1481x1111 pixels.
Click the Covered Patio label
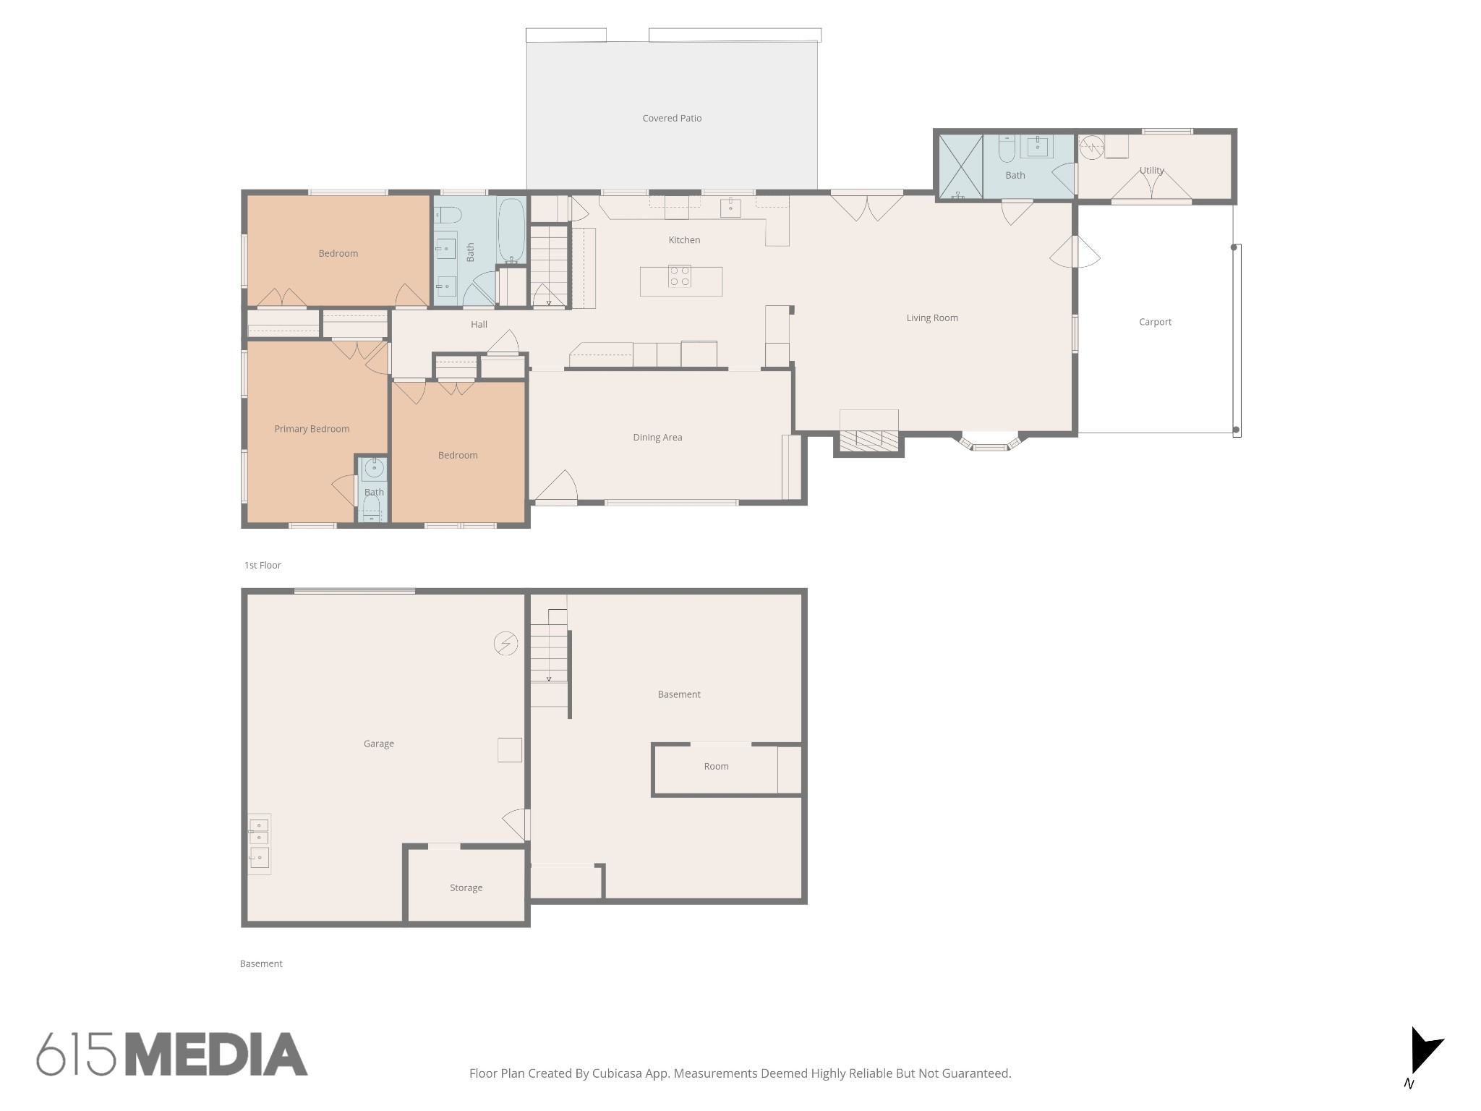672,118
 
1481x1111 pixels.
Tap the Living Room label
932,318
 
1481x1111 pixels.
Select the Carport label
1155,322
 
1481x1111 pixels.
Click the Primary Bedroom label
312,429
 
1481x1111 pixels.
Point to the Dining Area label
657,437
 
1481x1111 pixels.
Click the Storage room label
466,887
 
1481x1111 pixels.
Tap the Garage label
378,744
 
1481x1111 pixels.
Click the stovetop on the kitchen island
680,276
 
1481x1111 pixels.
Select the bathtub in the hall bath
511,231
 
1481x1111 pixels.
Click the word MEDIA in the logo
217,1054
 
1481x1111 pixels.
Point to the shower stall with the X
960,166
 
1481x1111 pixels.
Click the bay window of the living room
990,443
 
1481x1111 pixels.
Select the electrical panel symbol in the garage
505,643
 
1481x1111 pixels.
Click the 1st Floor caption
263,565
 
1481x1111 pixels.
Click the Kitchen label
684,239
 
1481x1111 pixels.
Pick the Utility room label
1152,171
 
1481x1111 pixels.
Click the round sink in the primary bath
374,469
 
